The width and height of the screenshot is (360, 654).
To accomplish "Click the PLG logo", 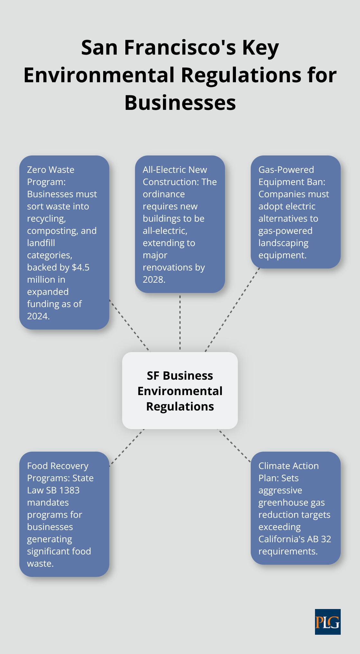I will click(328, 622).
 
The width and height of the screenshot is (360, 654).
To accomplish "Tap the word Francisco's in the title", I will click(180, 48).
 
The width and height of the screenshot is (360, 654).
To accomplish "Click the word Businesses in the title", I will click(180, 103).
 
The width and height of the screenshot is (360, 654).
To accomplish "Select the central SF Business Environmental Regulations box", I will click(180, 391).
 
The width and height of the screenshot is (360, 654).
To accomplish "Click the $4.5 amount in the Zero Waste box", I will click(81, 267).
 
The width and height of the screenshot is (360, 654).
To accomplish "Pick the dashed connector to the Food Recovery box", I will click(127, 447).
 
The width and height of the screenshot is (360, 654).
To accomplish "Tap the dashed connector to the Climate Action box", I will click(234, 446).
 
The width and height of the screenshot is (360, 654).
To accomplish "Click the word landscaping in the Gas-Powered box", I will click(283, 243).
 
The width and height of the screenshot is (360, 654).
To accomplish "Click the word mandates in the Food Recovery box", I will click(48, 502).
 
